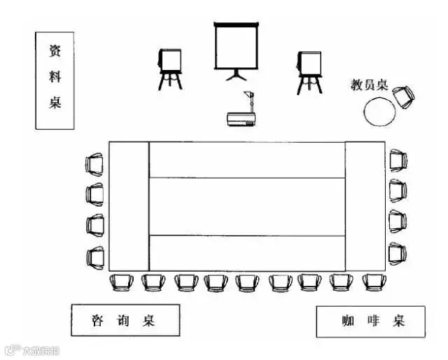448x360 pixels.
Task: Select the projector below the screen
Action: coord(241,119)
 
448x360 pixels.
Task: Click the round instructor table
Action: coord(379,111)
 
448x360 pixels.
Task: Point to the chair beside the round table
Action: coord(404,96)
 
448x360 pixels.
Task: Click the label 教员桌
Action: coord(369,85)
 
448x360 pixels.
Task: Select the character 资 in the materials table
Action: coord(55,51)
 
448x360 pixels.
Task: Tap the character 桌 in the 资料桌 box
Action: coord(55,103)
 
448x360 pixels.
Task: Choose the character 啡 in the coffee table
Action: coord(372,321)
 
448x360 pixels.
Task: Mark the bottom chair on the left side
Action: coord(94,256)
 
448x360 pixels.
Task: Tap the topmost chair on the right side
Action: coord(398,160)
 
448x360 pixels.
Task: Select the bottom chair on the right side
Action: coord(398,253)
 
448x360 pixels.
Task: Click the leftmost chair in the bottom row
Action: coord(121,282)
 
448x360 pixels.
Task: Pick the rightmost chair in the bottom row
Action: coord(374,282)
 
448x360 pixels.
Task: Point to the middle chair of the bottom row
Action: coord(247,282)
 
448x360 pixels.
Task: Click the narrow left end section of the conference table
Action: coord(129,206)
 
